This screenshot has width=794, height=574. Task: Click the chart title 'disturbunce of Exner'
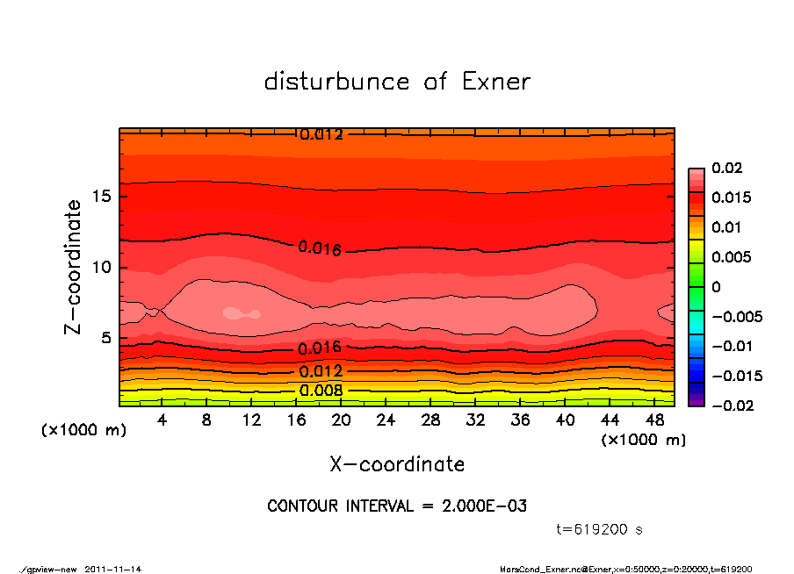click(397, 82)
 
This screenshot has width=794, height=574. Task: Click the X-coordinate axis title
click(397, 464)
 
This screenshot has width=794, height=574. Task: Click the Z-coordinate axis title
click(74, 267)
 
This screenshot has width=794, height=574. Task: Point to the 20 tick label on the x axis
click(341, 420)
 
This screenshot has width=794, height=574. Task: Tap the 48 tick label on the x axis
click(654, 420)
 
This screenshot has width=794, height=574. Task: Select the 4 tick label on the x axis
click(162, 420)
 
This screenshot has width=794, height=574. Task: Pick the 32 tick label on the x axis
click(475, 420)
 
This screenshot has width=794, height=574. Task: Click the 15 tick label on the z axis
click(102, 196)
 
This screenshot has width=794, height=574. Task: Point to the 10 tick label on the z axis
click(102, 267)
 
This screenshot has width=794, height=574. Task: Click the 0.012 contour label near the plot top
click(321, 135)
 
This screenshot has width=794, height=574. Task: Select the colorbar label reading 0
click(716, 287)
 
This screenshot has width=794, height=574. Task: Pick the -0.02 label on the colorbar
click(732, 405)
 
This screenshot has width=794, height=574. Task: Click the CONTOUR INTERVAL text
click(397, 506)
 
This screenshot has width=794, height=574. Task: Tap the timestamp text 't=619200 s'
click(600, 530)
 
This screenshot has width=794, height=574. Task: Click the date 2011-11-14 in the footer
click(113, 569)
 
